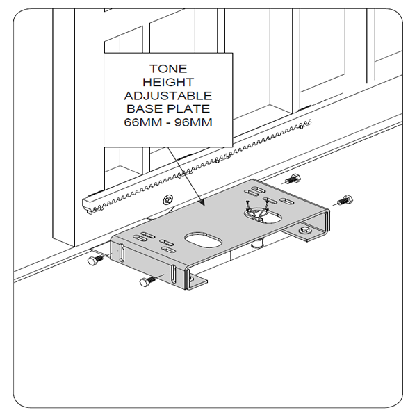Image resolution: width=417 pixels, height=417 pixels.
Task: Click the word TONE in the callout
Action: tap(168, 69)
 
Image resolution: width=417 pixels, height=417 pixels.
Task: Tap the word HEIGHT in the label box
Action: tap(168, 82)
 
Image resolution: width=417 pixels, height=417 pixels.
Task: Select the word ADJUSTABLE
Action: tap(168, 96)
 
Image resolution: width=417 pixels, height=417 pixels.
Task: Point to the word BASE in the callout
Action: tap(145, 109)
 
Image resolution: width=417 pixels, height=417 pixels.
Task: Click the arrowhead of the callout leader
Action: tap(202, 203)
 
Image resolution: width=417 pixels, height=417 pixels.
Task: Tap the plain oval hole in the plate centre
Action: tap(204, 240)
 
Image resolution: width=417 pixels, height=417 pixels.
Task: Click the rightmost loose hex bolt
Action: tap(345, 200)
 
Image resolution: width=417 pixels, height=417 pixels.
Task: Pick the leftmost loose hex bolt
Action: tap(95, 260)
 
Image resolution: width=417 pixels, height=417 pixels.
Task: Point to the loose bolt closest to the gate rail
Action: tap(293, 179)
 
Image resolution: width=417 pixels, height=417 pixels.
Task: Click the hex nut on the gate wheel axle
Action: tap(168, 199)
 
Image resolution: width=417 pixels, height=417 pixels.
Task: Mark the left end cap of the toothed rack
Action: tap(87, 206)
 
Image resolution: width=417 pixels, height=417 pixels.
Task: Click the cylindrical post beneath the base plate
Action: tap(258, 243)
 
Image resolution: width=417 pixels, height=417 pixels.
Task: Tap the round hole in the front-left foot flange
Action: tap(191, 279)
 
